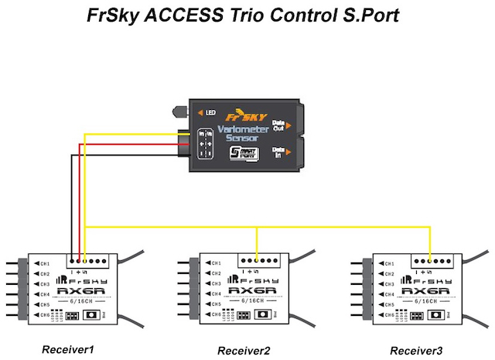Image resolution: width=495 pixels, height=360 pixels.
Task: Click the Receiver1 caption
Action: [67, 349]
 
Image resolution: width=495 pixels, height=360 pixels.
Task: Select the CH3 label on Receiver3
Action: [386, 284]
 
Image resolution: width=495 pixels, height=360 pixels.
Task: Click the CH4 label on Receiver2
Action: [216, 295]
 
